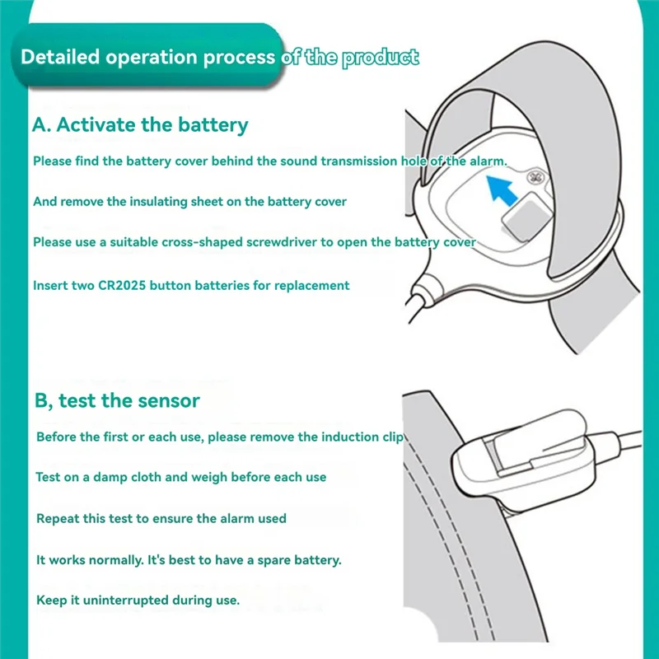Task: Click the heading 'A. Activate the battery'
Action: tap(140, 125)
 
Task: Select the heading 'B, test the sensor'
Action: tap(117, 401)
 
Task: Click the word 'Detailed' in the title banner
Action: tap(58, 58)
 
